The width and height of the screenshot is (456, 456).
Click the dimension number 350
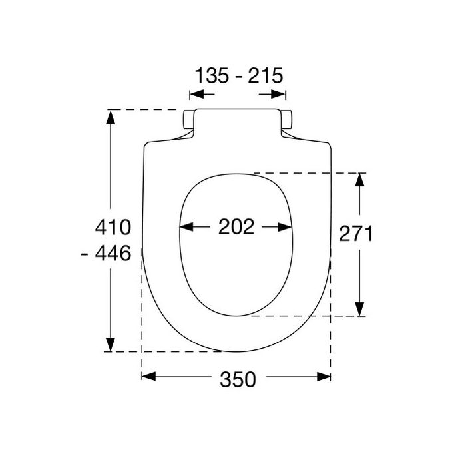point(237,379)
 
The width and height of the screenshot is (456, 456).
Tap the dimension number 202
point(236,227)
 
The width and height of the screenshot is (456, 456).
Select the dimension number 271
point(356,234)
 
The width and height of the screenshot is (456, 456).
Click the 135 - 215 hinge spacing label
point(238,75)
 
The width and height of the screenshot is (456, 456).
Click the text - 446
point(110,254)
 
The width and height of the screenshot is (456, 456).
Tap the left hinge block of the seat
point(188,120)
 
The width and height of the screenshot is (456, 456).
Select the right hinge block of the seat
point(287,120)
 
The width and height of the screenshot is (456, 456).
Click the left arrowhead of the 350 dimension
point(148,377)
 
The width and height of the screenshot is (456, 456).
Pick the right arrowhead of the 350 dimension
point(325,377)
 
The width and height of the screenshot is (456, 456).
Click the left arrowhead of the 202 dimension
point(186,227)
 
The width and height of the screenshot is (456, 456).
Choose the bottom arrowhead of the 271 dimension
point(359,310)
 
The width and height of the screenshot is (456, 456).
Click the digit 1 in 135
point(199,75)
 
